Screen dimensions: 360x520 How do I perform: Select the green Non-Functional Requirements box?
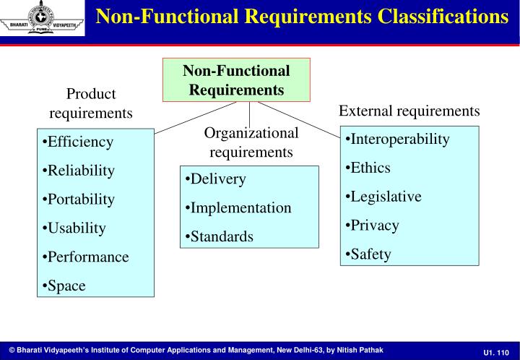coord(236,80)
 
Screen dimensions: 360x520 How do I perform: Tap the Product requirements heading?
coord(91,103)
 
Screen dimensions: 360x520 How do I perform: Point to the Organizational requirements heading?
coord(251,142)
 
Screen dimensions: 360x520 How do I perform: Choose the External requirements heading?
coord(409,111)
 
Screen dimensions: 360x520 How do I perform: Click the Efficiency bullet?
coord(79,142)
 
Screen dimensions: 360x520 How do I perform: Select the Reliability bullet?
coord(79,171)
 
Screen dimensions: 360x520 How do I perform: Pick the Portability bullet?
coord(79,200)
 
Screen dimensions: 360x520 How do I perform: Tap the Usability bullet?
coord(75,228)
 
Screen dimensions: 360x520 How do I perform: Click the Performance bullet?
coord(86,257)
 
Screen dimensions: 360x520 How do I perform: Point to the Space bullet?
coord(65,286)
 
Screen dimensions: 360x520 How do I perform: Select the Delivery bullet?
coord(216,179)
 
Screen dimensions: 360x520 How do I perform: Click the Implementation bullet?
coord(239,208)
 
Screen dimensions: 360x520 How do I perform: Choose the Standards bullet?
coord(220,237)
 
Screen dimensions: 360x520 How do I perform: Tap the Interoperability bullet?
coord(397,139)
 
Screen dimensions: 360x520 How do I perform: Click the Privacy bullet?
coord(373,226)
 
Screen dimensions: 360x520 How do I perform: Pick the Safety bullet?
coord(369,254)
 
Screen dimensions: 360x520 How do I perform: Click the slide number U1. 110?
coord(497,351)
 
